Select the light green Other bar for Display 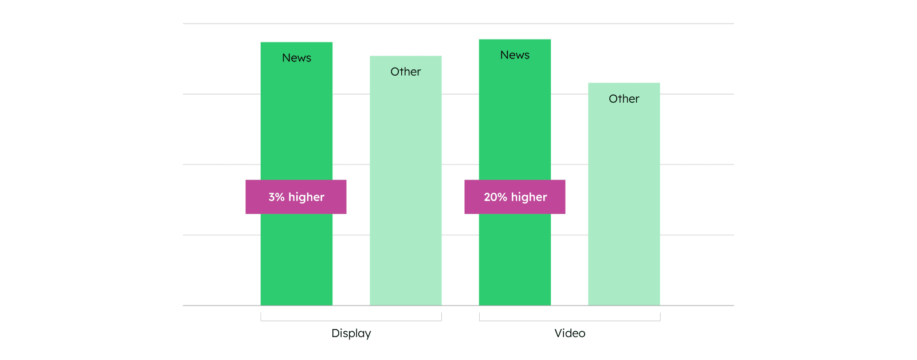[406, 181]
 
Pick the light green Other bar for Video [624, 194]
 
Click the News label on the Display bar [296, 58]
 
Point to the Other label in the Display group [406, 72]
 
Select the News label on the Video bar [515, 55]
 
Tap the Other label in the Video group [624, 99]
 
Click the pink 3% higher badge [296, 197]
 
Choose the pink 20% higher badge [515, 197]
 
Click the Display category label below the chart [351, 334]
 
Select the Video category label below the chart [570, 333]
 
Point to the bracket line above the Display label [351, 320]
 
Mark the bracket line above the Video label [570, 320]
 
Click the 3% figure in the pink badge [276, 197]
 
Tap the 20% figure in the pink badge [496, 197]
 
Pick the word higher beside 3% [306, 197]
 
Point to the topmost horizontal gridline [458, 24]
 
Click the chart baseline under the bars [458, 306]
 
